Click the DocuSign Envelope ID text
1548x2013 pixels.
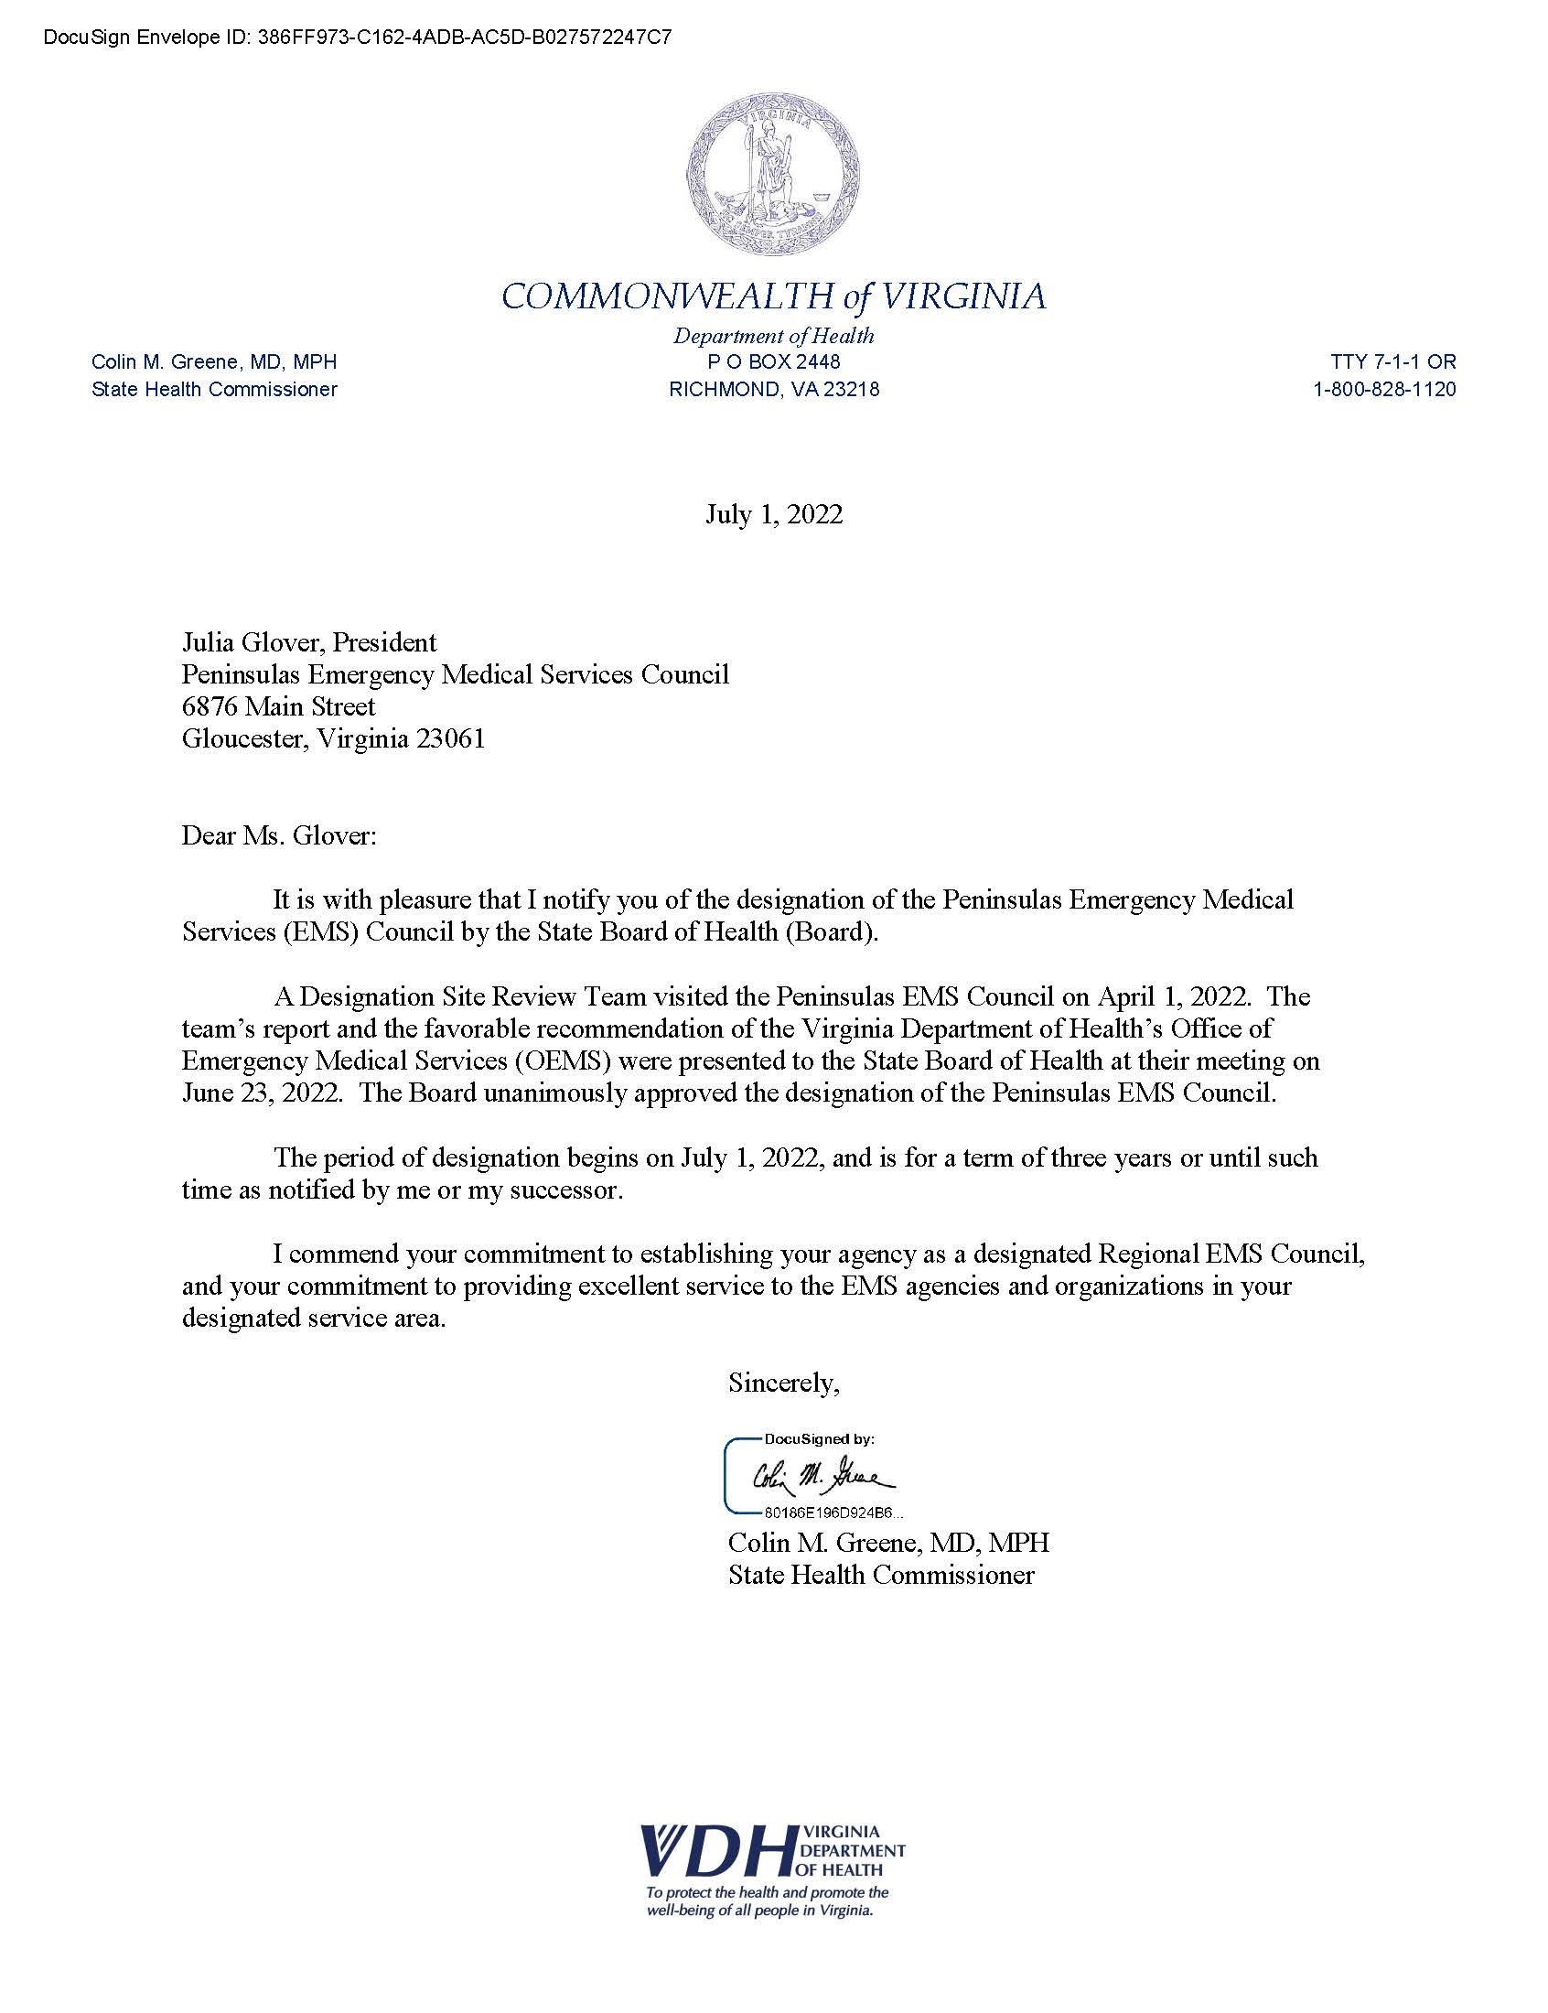tap(358, 38)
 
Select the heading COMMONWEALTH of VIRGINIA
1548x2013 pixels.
tap(774, 296)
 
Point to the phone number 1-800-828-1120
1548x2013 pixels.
tap(1384, 390)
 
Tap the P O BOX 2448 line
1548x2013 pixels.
tap(774, 362)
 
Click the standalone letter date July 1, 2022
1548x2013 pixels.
tap(774, 514)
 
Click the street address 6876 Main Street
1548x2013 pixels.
tap(278, 706)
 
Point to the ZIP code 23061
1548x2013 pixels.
tap(449, 739)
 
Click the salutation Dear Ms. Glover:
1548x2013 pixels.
tap(279, 835)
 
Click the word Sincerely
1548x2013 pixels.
tap(783, 1382)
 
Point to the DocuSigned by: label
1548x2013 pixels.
tap(819, 1438)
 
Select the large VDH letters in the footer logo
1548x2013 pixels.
tap(717, 1850)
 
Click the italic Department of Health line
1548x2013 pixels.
tap(774, 337)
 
